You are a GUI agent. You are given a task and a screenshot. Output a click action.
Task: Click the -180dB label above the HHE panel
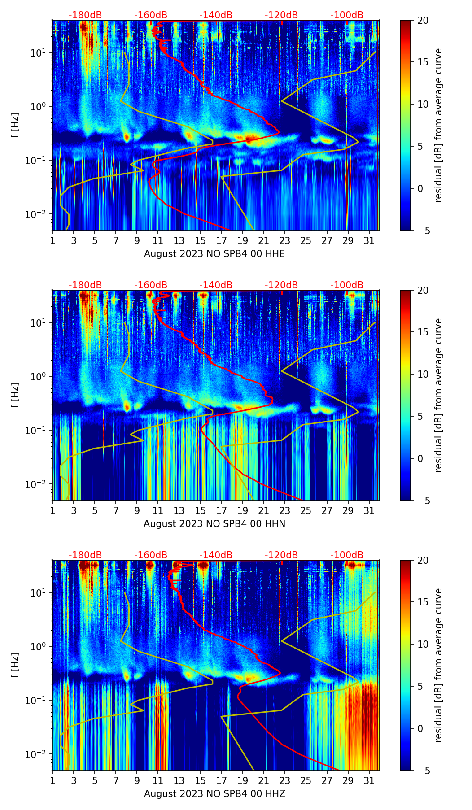click(x=85, y=15)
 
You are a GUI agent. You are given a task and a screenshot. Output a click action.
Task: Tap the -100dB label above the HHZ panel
click(x=347, y=555)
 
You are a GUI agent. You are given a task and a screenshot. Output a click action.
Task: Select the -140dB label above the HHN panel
click(x=216, y=285)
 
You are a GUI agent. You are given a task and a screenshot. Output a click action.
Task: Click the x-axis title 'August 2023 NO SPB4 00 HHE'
click(x=214, y=254)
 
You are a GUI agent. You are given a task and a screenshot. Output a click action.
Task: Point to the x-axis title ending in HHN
click(x=214, y=524)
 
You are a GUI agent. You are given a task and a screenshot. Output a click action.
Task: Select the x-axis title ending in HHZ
click(x=214, y=794)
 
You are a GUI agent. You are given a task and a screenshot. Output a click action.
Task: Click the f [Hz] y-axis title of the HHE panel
click(x=15, y=126)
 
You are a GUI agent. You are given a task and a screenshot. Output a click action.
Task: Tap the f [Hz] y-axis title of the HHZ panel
click(x=15, y=666)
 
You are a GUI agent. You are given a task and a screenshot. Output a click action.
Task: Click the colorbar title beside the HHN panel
click(x=438, y=395)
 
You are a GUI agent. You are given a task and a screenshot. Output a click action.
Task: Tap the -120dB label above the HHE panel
click(x=281, y=15)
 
